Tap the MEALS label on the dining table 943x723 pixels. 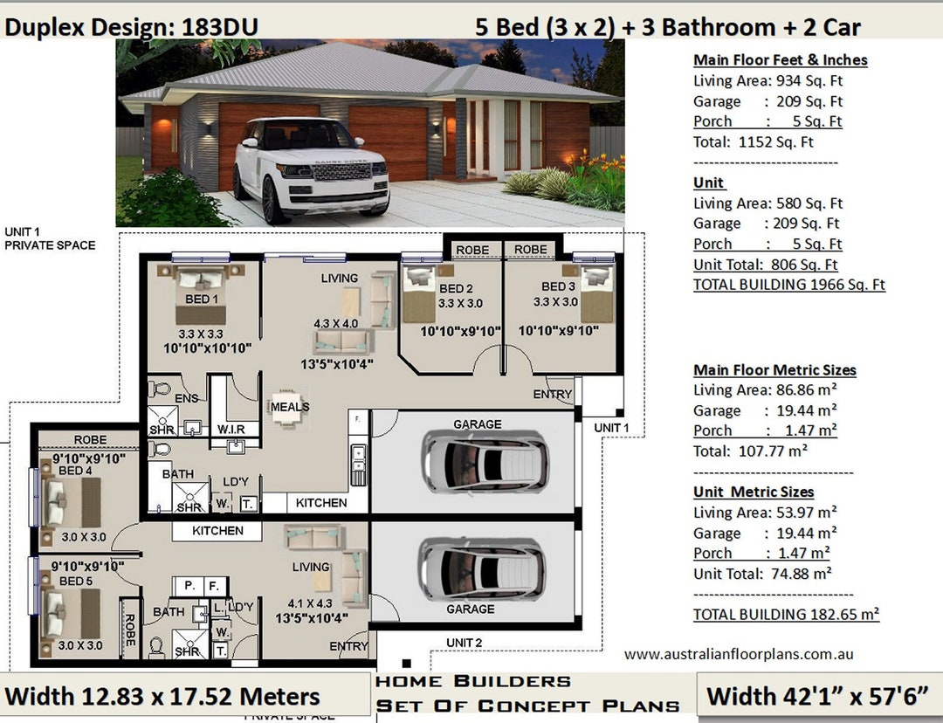[290, 407]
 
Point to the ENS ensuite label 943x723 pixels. [185, 399]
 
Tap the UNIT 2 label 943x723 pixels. [465, 643]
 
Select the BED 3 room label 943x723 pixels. [559, 287]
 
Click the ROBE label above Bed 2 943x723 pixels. [472, 250]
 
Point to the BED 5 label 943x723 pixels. [75, 581]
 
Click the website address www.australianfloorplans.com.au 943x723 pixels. [739, 654]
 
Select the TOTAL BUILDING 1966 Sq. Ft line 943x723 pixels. [788, 285]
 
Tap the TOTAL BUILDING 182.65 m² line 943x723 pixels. [786, 614]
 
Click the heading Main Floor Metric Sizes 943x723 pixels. [774, 370]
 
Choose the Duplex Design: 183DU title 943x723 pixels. [131, 27]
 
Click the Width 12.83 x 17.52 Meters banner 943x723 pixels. [162, 696]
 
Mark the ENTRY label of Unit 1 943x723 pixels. [552, 395]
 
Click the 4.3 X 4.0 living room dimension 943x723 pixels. [336, 323]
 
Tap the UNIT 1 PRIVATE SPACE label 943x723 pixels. [50, 238]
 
